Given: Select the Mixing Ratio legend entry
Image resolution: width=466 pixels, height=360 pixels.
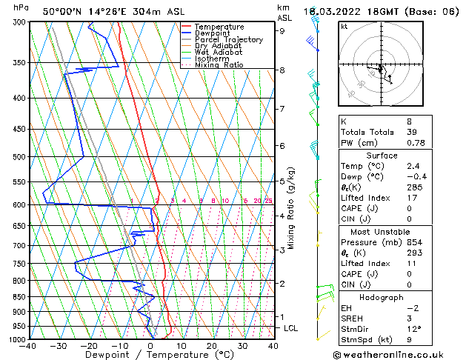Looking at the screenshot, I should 219,65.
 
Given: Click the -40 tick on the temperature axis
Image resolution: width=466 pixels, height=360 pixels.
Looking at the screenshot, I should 29,346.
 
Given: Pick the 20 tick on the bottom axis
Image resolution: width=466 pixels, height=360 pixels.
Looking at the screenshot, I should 212,346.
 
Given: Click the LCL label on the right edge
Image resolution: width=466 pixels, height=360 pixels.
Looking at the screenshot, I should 291,328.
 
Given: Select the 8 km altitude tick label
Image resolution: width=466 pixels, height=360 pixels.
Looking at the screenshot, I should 282,70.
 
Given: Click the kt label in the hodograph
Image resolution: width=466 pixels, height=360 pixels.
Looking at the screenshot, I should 344,26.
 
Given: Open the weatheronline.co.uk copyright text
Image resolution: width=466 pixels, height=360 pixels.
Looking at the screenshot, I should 399,354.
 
